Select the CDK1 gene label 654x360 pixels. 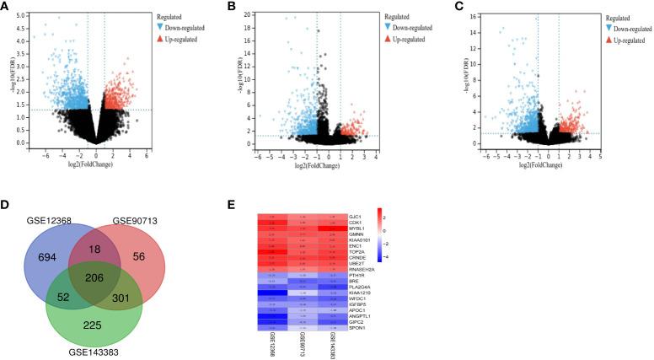pyautogui.click(x=355, y=223)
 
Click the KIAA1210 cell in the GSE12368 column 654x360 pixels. pyautogui.click(x=273, y=291)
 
